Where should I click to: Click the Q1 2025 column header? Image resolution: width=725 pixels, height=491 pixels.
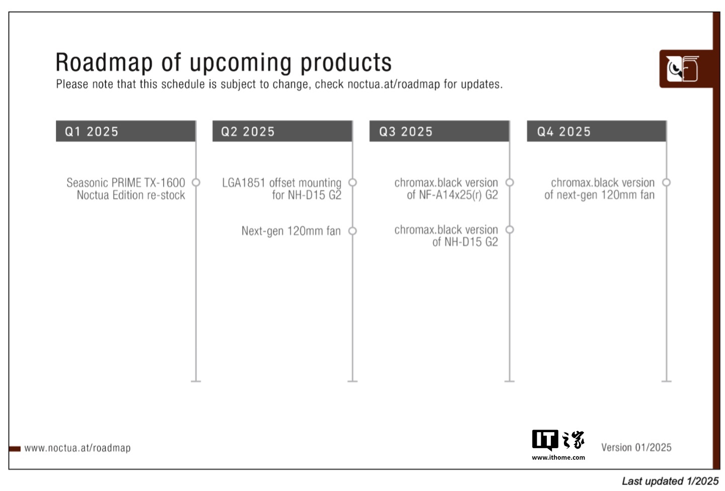pyautogui.click(x=125, y=131)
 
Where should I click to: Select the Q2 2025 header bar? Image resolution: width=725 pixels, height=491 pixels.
pyautogui.click(x=282, y=131)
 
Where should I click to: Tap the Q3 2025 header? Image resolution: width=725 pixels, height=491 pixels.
pyautogui.click(x=439, y=131)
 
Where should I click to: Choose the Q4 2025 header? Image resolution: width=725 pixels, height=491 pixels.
pyautogui.click(x=597, y=131)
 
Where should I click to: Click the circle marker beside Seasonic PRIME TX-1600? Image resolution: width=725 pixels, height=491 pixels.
pyautogui.click(x=196, y=182)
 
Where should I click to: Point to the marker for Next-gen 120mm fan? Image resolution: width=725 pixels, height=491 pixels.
pyautogui.click(x=352, y=231)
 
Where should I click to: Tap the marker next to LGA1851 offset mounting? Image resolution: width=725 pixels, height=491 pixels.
pyautogui.click(x=352, y=182)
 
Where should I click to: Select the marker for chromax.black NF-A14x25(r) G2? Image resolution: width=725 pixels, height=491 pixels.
pyautogui.click(x=510, y=182)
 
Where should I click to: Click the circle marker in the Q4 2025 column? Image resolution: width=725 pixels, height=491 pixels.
pyautogui.click(x=666, y=182)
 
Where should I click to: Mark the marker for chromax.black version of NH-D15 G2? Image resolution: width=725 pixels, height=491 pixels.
pyautogui.click(x=510, y=230)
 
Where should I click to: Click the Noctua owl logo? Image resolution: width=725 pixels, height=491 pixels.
pyautogui.click(x=682, y=68)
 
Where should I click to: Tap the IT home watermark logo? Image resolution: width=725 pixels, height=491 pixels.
pyautogui.click(x=558, y=440)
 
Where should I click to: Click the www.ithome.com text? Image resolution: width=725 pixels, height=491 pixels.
pyautogui.click(x=558, y=458)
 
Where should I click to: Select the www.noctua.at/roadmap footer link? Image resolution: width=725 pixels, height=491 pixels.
pyautogui.click(x=78, y=448)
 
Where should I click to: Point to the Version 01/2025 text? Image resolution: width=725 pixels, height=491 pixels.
pyautogui.click(x=636, y=447)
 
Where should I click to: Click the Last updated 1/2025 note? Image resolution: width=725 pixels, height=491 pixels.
pyautogui.click(x=670, y=481)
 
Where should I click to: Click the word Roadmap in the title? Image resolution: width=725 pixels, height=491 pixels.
pyautogui.click(x=104, y=62)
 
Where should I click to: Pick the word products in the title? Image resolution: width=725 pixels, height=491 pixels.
pyautogui.click(x=346, y=63)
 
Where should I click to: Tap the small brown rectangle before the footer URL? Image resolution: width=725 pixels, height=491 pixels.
pyautogui.click(x=15, y=449)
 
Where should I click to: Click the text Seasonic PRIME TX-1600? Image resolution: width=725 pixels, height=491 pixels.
pyautogui.click(x=126, y=182)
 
